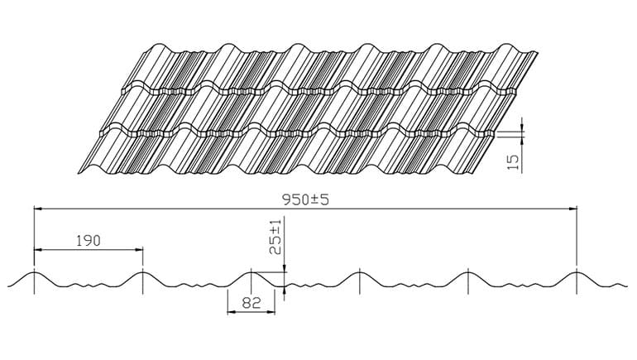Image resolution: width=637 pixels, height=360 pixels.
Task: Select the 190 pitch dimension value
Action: tap(88, 241)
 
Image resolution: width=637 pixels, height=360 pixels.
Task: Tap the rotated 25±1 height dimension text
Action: tap(275, 237)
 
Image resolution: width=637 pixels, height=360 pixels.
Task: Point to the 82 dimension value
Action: tap(251, 304)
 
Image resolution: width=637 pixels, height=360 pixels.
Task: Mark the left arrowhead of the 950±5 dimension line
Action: tap(37, 209)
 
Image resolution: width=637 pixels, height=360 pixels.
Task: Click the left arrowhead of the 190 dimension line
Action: tap(37, 249)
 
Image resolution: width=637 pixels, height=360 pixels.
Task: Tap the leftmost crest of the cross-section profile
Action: tap(34, 271)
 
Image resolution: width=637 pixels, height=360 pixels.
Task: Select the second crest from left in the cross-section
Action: tap(142, 271)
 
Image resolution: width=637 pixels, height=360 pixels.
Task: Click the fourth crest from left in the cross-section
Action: tap(360, 271)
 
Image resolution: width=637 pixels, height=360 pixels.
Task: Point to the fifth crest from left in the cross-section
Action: tap(468, 271)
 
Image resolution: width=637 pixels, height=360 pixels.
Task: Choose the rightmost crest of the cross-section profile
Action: tap(577, 271)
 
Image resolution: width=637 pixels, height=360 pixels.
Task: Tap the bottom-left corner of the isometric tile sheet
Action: tap(79, 172)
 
